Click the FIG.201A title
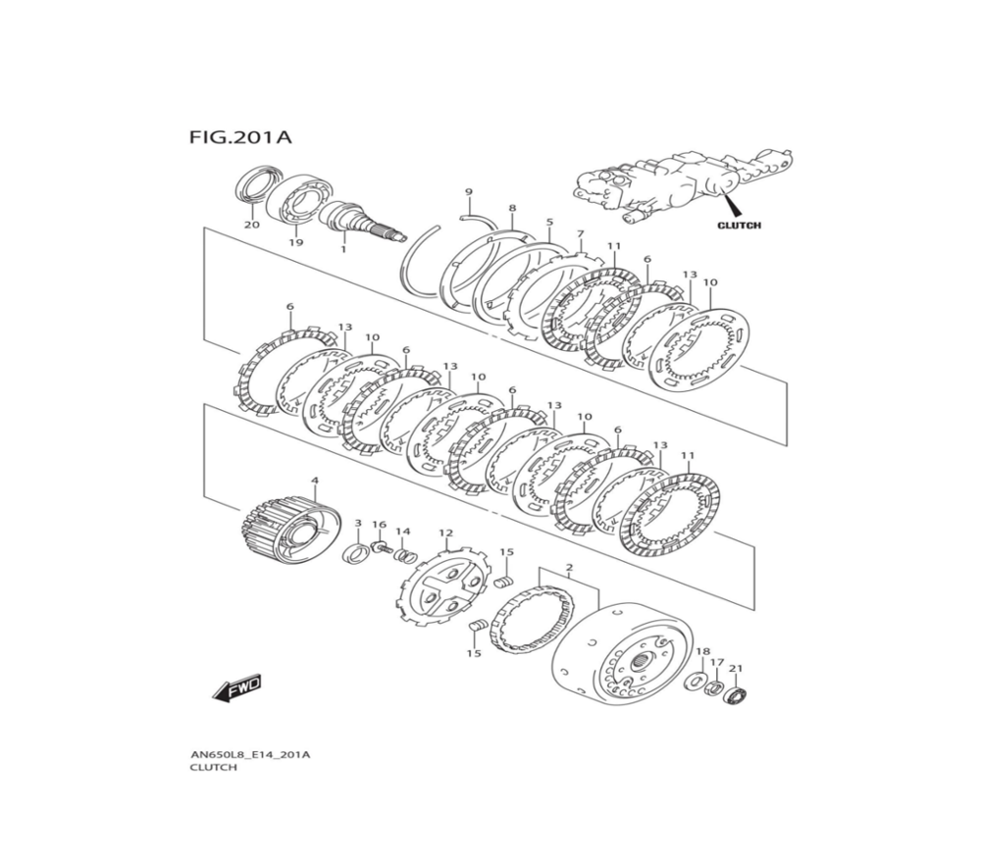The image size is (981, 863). (239, 137)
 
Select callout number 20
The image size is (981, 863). (252, 225)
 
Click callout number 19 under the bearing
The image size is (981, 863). (295, 242)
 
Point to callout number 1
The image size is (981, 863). (343, 249)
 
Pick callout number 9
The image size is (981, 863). (469, 191)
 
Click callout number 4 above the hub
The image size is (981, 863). (315, 482)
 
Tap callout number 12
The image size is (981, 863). (445, 533)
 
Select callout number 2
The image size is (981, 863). (569, 568)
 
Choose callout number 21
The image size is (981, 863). (737, 669)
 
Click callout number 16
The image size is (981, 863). (379, 525)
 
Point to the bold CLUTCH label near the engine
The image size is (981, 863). (738, 225)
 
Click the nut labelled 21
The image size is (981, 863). (738, 696)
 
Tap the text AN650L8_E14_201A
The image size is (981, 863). (250, 754)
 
